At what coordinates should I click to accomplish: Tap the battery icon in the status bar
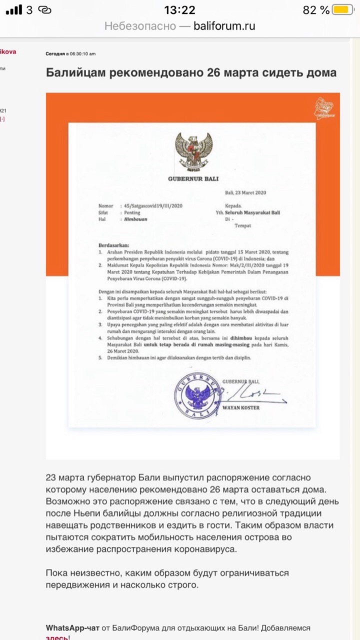point(343,10)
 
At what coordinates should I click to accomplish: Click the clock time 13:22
point(179,10)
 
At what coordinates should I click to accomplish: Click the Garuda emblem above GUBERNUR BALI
point(193,150)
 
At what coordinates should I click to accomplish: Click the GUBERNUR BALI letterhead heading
point(193,179)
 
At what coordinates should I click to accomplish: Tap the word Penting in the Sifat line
point(132,212)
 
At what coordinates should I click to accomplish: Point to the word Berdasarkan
point(113,245)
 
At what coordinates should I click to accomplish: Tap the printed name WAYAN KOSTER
point(241,407)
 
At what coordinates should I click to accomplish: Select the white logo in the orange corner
point(323,109)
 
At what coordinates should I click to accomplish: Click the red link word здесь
point(57,637)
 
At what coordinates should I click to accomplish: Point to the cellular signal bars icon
point(14,10)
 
